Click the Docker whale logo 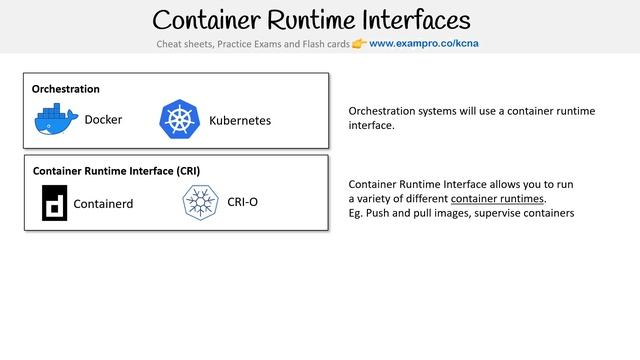click(55, 119)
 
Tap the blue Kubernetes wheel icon click(180, 119)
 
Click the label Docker click(103, 120)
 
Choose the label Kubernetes click(240, 120)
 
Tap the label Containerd click(104, 203)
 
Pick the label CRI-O click(243, 202)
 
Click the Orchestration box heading click(66, 89)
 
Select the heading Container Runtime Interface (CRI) click(123, 171)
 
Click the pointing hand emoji click(359, 45)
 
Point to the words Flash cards click(320, 45)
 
